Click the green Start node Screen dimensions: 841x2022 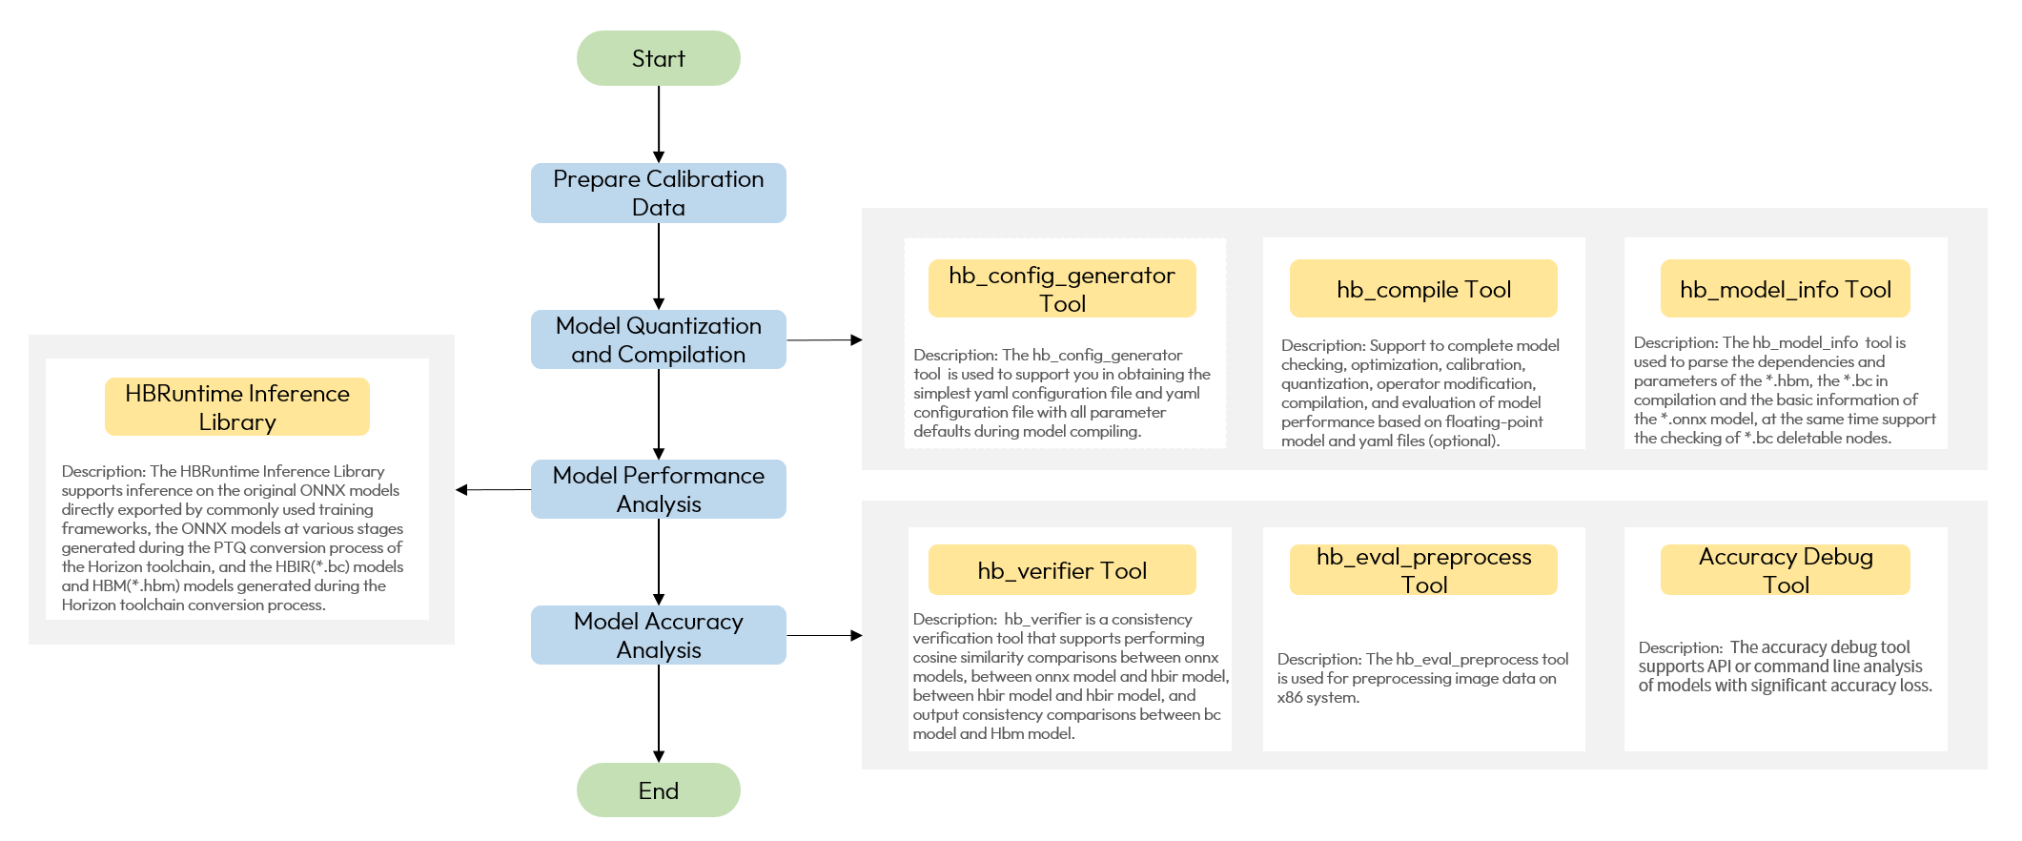coord(658,58)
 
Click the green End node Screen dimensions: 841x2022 coord(658,790)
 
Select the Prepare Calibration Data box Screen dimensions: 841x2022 coord(658,193)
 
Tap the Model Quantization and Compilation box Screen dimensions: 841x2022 coord(658,339)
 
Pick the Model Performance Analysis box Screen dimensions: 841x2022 coord(658,489)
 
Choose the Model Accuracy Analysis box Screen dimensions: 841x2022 coord(658,635)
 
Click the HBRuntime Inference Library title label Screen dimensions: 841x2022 coord(236,407)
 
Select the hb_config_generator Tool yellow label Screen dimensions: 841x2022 coord(1061,289)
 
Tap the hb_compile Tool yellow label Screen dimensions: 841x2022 coord(1422,289)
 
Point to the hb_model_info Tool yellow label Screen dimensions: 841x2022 coord(1785,289)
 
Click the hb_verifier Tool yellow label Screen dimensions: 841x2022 coord(1061,570)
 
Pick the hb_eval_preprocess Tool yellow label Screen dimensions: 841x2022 coord(1422,570)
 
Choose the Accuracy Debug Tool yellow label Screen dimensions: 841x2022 coord(1785,570)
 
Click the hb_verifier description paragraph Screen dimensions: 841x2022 coord(1068,676)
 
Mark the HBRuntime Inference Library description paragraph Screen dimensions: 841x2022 coord(232,538)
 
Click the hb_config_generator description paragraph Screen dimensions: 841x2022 coord(1060,393)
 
